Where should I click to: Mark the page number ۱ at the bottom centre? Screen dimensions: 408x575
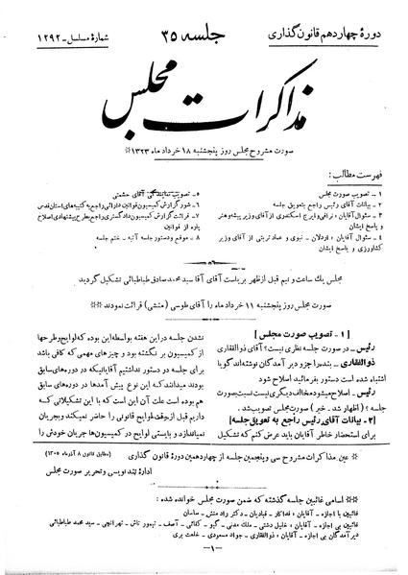pyautogui.click(x=203, y=560)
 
